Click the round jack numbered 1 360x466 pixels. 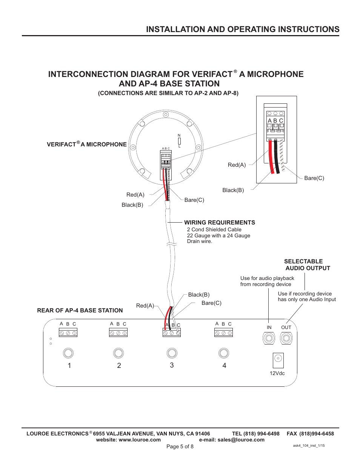[68, 353]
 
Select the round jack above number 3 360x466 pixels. [172, 353]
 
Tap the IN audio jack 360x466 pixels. [269, 338]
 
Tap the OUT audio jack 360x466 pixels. [286, 338]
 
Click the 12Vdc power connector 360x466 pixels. [278, 360]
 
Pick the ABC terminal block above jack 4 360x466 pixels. [224, 333]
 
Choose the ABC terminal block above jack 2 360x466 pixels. [118, 333]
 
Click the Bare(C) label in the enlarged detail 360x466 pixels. [314, 178]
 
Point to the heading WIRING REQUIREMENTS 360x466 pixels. [219, 223]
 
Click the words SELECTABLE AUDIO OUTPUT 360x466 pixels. [307, 265]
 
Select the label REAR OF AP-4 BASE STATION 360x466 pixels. [80, 311]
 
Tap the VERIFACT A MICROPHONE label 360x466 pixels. [86, 145]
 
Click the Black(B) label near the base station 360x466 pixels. [198, 295]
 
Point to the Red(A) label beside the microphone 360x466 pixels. [135, 195]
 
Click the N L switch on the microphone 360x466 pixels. [179, 141]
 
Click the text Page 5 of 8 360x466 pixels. [180, 446]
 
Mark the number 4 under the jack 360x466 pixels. [224, 365]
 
